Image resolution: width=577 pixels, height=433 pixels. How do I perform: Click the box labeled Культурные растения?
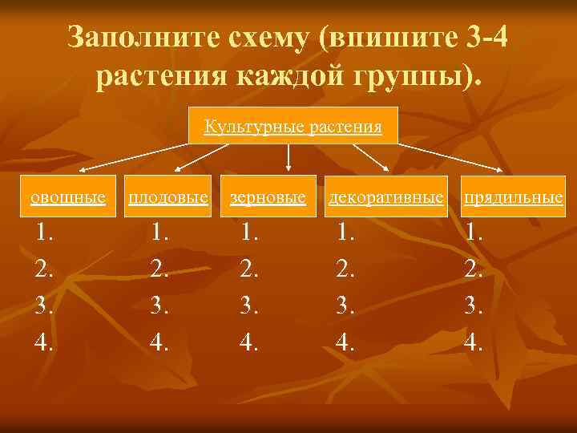(x=293, y=125)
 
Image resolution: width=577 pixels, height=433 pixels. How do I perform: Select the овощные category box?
(x=68, y=196)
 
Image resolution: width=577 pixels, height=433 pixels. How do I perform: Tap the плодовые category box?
(x=168, y=196)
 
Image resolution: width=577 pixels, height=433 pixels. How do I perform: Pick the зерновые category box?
(x=268, y=196)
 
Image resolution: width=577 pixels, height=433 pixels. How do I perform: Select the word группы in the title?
(x=422, y=77)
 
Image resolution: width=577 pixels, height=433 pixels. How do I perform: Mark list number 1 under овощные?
(x=45, y=233)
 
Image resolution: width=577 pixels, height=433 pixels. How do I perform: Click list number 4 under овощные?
(x=45, y=343)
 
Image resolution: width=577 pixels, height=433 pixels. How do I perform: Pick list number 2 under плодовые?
(x=160, y=269)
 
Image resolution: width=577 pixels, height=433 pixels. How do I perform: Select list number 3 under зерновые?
(x=251, y=306)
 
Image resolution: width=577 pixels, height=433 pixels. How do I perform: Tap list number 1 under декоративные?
(x=346, y=233)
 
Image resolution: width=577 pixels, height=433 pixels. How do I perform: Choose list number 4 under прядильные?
(x=474, y=343)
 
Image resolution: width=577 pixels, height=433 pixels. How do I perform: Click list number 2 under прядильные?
(x=474, y=269)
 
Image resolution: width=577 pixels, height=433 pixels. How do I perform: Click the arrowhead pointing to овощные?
(x=83, y=172)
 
